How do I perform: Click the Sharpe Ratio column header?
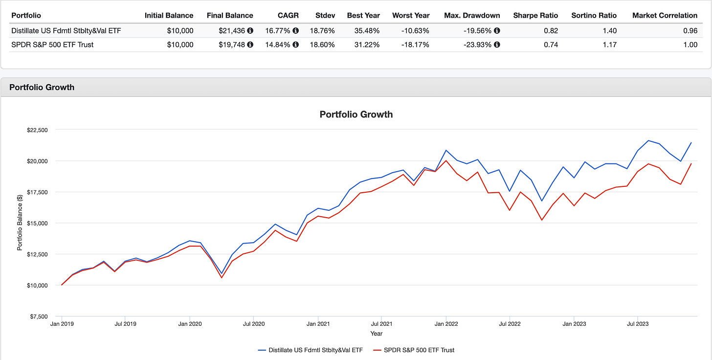(535, 15)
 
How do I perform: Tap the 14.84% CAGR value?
(277, 45)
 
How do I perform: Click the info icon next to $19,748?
(250, 45)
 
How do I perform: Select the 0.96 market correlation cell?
(690, 30)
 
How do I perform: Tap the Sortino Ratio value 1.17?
(610, 45)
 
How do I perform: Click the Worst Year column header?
(411, 15)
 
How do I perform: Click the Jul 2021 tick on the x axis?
(381, 324)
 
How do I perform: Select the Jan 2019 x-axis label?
(62, 324)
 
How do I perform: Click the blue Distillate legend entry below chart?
(310, 350)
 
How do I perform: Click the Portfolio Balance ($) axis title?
(20, 223)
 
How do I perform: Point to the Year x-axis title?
(376, 334)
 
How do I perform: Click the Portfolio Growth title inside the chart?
(356, 114)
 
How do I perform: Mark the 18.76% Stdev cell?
(323, 30)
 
